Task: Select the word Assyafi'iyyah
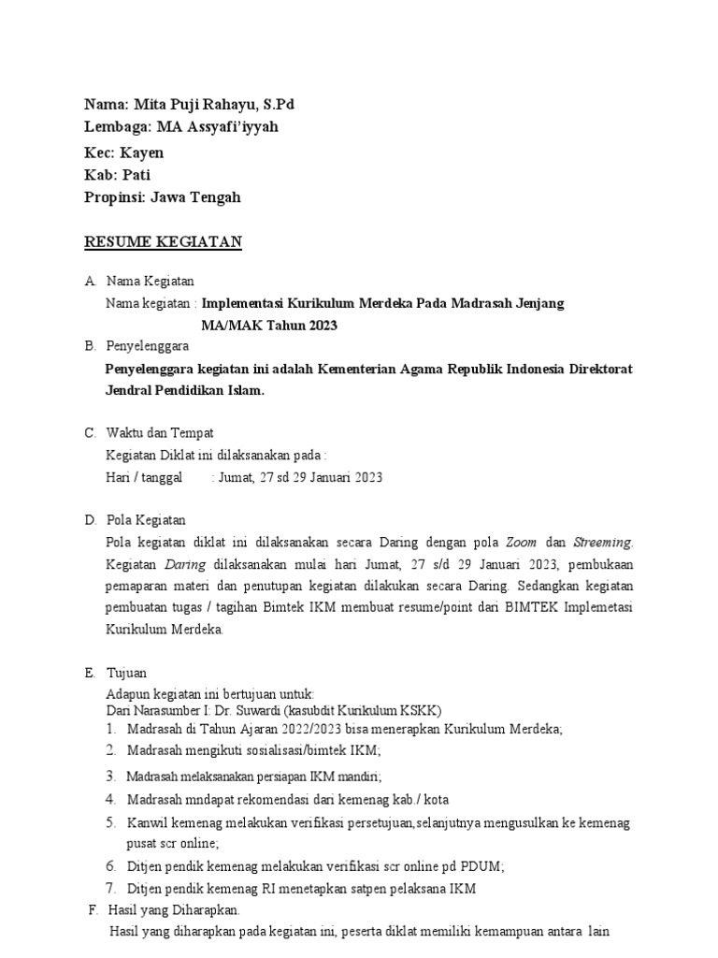pyautogui.click(x=234, y=126)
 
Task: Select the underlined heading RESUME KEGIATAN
pyautogui.click(x=164, y=242)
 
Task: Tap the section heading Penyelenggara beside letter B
pyautogui.click(x=148, y=346)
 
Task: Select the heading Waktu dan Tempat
pyautogui.click(x=160, y=433)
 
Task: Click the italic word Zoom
pyautogui.click(x=521, y=542)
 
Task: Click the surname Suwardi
pyautogui.click(x=263, y=709)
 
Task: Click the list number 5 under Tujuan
pyautogui.click(x=109, y=822)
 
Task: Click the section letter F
pyautogui.click(x=92, y=909)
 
